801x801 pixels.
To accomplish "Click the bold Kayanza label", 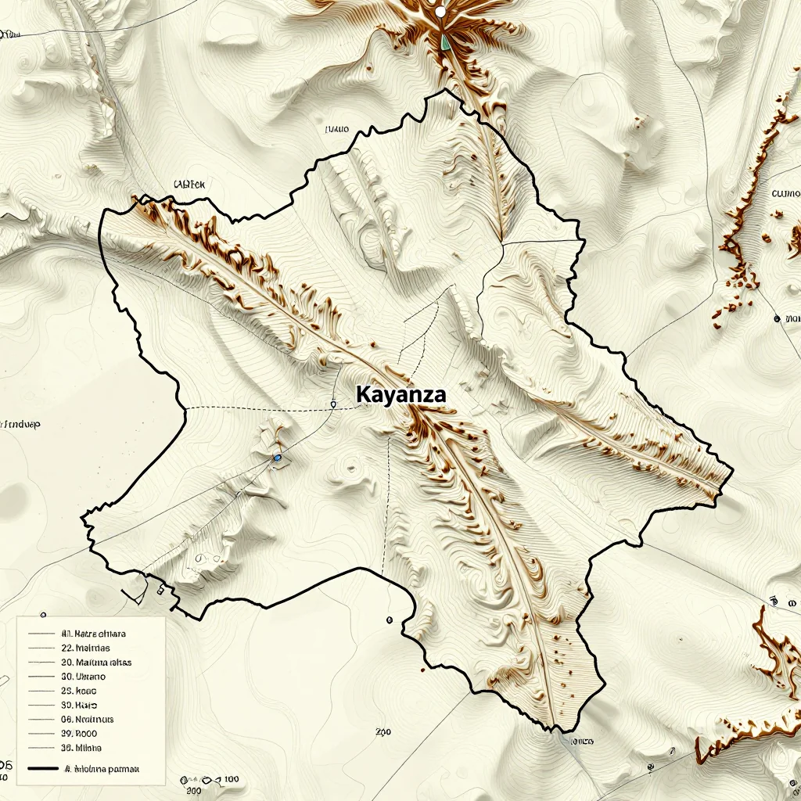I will click(x=400, y=395).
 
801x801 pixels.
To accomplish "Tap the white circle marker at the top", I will click(x=440, y=12).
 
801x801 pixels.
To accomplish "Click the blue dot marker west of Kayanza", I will click(x=278, y=458).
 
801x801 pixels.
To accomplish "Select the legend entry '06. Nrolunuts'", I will click(x=87, y=719).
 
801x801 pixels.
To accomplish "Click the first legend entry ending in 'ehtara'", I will click(x=93, y=634).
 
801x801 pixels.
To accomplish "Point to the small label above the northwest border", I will click(x=189, y=185).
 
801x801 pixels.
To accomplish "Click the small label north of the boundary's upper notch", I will click(x=336, y=131).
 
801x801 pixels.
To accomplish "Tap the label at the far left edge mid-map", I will click(x=21, y=425).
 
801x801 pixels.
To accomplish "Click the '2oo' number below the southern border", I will click(x=383, y=733).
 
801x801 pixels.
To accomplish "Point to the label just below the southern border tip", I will click(x=582, y=740).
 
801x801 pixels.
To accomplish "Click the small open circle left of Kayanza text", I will click(x=334, y=404).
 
